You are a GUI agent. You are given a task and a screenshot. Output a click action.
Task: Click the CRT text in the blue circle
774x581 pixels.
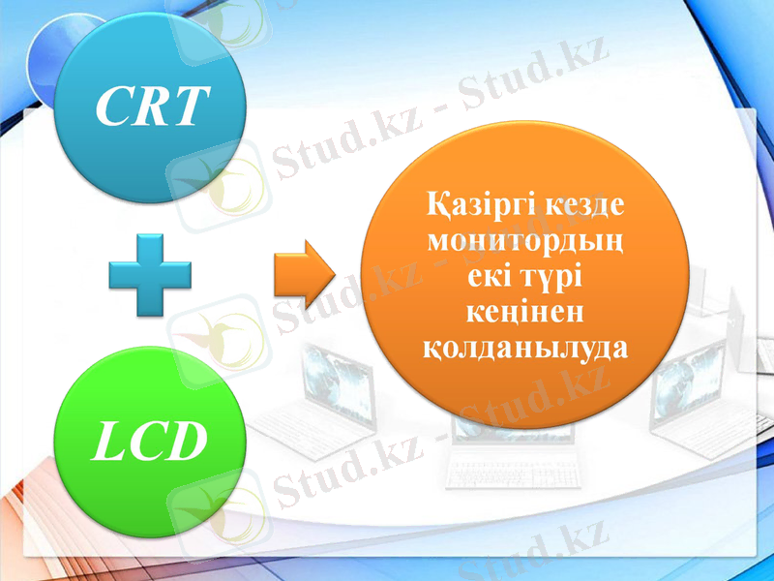coord(153,107)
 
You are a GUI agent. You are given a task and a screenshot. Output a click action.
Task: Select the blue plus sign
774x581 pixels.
coord(150,274)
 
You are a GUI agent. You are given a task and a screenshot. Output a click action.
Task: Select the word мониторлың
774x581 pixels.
coord(525,240)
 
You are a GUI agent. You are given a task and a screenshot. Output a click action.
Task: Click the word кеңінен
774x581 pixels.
coord(525,312)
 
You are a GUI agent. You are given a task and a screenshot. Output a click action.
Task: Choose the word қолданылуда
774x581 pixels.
coord(525,347)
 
